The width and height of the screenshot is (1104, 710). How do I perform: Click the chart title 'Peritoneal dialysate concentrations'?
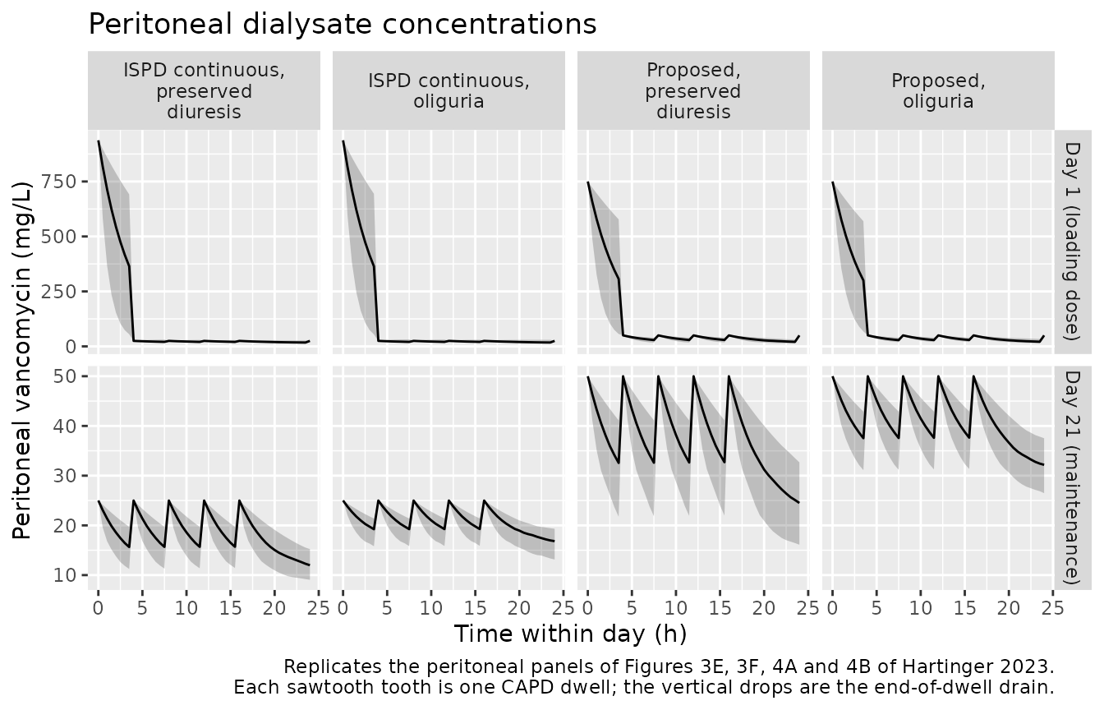pyautogui.click(x=343, y=24)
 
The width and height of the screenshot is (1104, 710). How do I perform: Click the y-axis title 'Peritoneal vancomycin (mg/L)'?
pyautogui.click(x=22, y=361)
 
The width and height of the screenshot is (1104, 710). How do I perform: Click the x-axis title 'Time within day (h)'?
pyautogui.click(x=570, y=634)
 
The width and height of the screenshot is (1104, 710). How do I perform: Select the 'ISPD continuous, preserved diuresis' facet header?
pyautogui.click(x=204, y=90)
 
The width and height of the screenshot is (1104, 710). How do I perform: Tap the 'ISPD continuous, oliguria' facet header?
pyautogui.click(x=448, y=90)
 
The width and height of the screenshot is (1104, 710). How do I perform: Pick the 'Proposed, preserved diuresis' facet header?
pyautogui.click(x=693, y=90)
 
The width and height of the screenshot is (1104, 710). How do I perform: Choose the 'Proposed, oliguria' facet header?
pyautogui.click(x=938, y=90)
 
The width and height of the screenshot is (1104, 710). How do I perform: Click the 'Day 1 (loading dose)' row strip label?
pyautogui.click(x=1073, y=242)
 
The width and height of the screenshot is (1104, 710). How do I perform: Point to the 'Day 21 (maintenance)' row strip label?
pyautogui.click(x=1073, y=477)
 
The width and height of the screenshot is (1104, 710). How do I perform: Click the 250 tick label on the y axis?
pyautogui.click(x=58, y=292)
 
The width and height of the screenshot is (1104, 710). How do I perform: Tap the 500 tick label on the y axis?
pyautogui.click(x=58, y=237)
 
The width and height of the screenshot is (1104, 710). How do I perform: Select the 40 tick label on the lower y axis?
pyautogui.click(x=65, y=426)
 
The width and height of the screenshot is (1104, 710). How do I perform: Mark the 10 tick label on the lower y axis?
pyautogui.click(x=65, y=575)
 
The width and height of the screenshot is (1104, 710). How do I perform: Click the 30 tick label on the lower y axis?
pyautogui.click(x=65, y=476)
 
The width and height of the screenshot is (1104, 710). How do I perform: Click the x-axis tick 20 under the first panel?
pyautogui.click(x=274, y=608)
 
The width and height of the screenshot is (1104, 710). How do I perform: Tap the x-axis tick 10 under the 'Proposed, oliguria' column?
pyautogui.click(x=921, y=608)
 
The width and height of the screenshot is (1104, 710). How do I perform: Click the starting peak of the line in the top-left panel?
pyautogui.click(x=99, y=141)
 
